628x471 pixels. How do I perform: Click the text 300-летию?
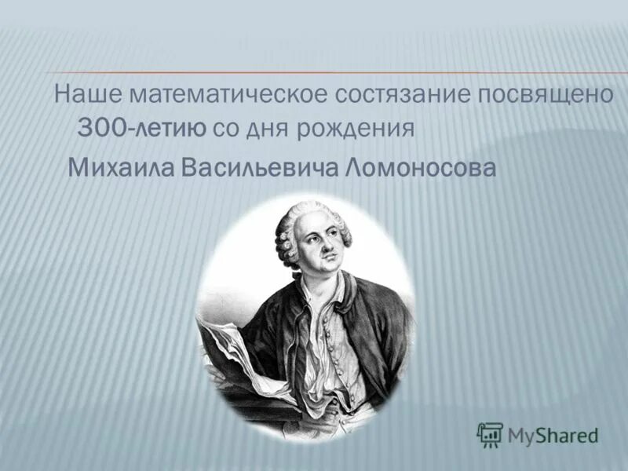[141, 128]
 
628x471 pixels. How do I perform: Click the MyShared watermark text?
[553, 433]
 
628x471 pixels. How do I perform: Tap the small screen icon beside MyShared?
[490, 433]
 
